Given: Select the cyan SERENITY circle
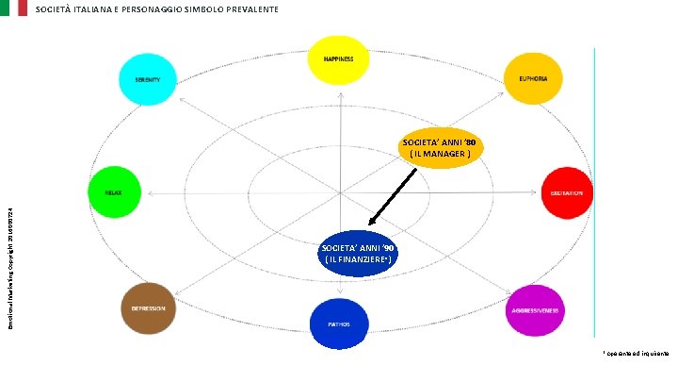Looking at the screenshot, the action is (x=148, y=78).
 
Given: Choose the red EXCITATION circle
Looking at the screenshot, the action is (x=566, y=193).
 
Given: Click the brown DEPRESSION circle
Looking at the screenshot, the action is (x=148, y=308).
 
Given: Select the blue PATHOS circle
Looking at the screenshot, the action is (x=339, y=324).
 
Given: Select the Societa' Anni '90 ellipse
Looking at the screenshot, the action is (x=358, y=253).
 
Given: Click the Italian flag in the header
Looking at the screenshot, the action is (x=14, y=8).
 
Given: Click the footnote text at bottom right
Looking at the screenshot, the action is (x=637, y=354).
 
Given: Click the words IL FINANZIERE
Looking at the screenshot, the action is (x=358, y=258).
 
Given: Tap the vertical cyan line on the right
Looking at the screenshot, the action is (x=595, y=189).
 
